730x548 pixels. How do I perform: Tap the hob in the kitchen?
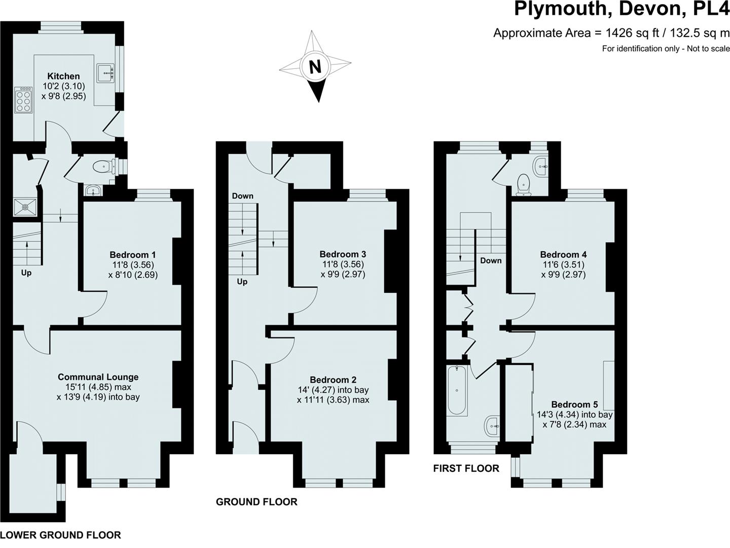pos(23,100)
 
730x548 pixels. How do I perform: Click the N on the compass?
pos(315,67)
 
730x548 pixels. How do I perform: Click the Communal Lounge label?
pos(98,377)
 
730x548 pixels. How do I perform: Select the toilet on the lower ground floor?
pos(103,166)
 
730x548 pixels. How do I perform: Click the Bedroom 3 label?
pos(343,254)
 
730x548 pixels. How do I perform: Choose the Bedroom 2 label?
pos(333,380)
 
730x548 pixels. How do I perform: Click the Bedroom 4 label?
pos(563,255)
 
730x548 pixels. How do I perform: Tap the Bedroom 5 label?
pos(574,404)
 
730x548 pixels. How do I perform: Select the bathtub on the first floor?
pos(457,390)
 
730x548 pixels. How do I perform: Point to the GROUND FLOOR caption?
pos(257,502)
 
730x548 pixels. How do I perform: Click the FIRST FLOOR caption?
pos(466,468)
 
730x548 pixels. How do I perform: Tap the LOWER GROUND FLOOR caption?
pos(61,535)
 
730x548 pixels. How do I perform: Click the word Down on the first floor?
pos(491,260)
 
